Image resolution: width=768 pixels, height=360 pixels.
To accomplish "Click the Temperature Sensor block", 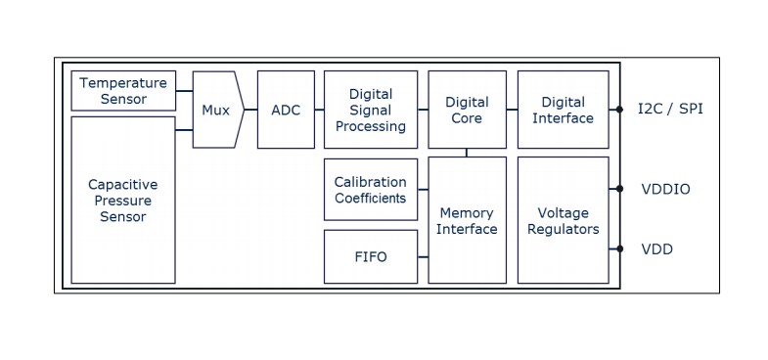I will point(123,91).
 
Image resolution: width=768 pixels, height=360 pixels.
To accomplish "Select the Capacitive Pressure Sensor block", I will point(123,200).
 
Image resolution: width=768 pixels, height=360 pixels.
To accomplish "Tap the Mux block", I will point(215,110).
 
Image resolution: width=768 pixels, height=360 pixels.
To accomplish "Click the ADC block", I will point(286,110).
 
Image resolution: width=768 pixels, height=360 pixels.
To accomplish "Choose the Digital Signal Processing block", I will point(371,110).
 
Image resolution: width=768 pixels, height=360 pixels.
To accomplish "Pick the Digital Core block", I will point(467,110).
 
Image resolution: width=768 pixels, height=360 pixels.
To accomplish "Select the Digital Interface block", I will point(563,110).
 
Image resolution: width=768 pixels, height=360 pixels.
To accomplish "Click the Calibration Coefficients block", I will point(371,190).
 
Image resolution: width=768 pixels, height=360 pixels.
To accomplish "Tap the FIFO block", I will point(371,257).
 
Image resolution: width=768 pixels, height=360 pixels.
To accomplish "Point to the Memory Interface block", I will point(467,220).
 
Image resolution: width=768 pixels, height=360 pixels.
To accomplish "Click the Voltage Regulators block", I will point(563,220).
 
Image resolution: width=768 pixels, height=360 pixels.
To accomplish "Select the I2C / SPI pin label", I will point(670,110).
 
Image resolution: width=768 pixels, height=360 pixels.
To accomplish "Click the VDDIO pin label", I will point(665,189).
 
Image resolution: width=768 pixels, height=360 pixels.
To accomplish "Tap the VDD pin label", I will point(656,249).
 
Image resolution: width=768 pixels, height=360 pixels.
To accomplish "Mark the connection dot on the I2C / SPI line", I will point(619,110).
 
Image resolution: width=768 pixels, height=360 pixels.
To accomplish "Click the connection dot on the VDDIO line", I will point(619,189).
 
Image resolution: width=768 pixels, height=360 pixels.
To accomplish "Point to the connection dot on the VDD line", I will point(619,248).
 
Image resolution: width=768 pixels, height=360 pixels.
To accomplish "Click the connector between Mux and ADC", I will point(250,110).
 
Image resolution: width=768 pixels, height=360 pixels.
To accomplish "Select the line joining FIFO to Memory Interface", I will point(423,257).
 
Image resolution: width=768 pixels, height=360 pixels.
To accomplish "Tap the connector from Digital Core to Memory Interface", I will point(467,153).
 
